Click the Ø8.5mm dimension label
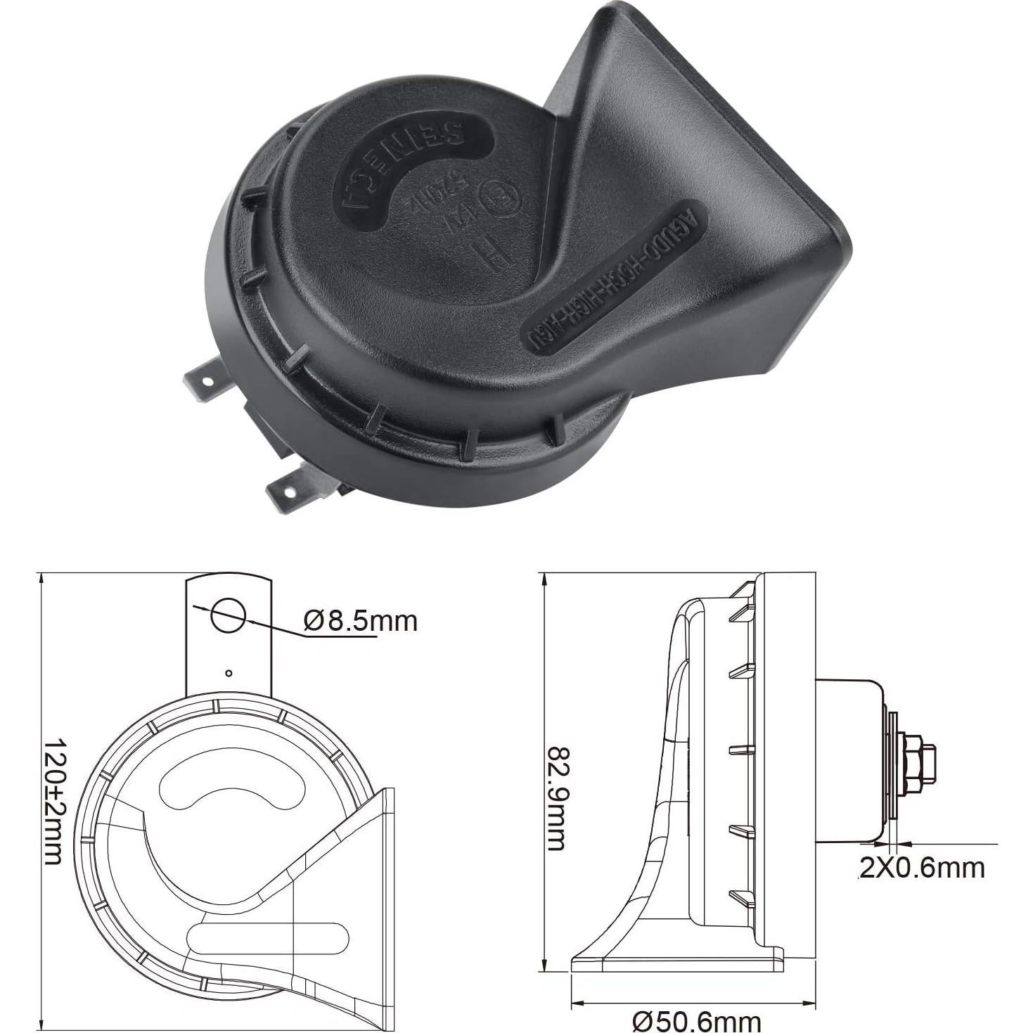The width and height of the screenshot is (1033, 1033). pos(361,621)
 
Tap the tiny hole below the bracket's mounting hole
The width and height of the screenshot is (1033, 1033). pos(229,673)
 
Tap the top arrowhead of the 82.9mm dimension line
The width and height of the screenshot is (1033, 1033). pos(544,579)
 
